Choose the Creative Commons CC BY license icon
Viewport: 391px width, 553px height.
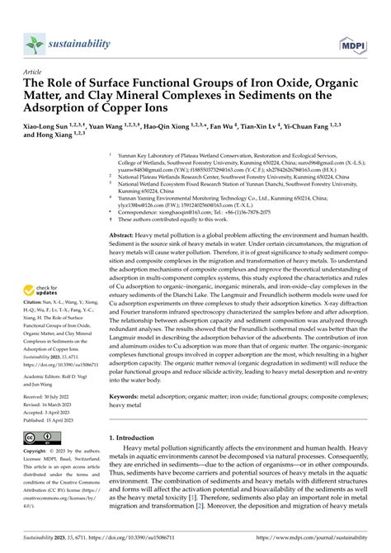(38, 437)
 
